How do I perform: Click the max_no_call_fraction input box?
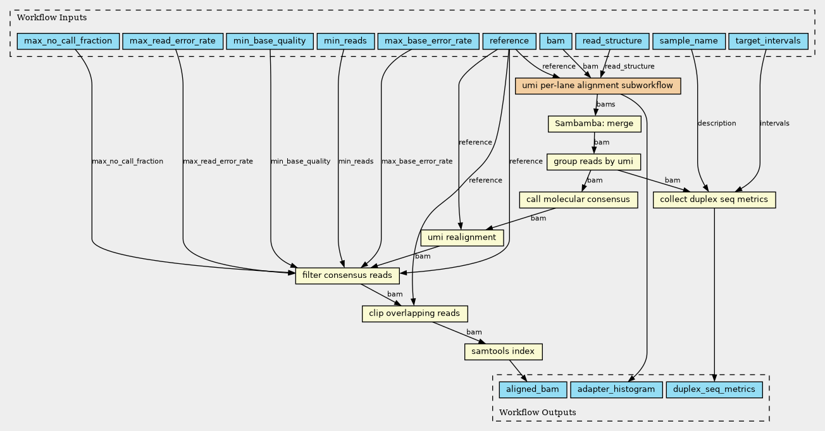(68, 41)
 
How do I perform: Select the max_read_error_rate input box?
(173, 41)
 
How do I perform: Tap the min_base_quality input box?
(270, 41)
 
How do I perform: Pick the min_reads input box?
(345, 41)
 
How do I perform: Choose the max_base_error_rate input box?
(428, 41)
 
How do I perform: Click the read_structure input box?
(612, 41)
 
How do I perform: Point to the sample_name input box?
(689, 41)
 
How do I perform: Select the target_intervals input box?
(768, 41)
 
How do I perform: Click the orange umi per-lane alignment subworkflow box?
(598, 86)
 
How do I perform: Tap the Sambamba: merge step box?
(595, 124)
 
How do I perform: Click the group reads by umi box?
(593, 162)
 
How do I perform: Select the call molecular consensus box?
(579, 199)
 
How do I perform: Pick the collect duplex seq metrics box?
(714, 199)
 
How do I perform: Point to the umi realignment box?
(462, 237)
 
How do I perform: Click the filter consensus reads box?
(347, 275)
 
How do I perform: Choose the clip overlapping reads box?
(414, 313)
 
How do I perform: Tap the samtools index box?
(504, 351)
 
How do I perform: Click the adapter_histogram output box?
(617, 390)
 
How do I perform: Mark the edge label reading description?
(717, 123)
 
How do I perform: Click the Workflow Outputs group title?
(538, 412)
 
